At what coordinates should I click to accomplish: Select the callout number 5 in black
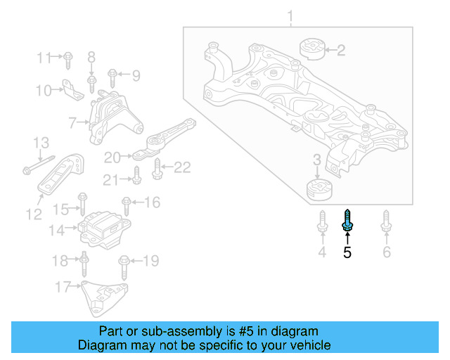tap(347, 252)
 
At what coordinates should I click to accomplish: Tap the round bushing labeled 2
tap(311, 49)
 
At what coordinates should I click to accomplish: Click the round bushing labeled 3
tap(320, 191)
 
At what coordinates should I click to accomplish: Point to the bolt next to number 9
tap(112, 73)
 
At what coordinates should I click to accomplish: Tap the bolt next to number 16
tap(127, 205)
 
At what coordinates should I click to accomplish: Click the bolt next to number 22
tap(157, 167)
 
